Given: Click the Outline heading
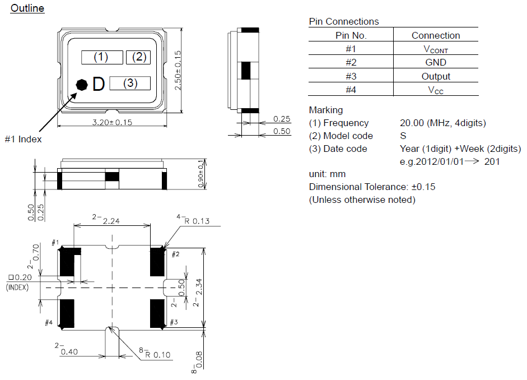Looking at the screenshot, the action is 27,8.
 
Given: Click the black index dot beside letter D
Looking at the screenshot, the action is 82,85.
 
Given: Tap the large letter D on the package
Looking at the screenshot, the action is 99,84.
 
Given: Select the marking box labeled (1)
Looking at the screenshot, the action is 102,57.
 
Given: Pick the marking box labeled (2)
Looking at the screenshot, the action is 138,57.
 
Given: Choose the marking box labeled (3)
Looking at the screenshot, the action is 130,83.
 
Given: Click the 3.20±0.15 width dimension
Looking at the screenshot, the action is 112,122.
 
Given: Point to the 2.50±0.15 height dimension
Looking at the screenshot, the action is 178,70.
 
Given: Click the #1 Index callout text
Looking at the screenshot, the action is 23,139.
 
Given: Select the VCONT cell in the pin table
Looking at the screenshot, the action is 436,49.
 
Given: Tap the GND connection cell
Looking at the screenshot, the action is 436,62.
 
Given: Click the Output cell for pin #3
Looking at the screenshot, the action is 436,76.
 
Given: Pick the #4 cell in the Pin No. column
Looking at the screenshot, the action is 351,90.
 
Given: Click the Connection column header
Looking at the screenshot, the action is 436,35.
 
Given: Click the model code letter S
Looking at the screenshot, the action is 403,136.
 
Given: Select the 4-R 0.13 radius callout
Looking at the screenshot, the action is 194,220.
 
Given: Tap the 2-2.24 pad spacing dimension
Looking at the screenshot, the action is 106,219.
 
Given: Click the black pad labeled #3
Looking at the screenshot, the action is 157,313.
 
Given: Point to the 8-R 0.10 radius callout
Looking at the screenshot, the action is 155,353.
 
